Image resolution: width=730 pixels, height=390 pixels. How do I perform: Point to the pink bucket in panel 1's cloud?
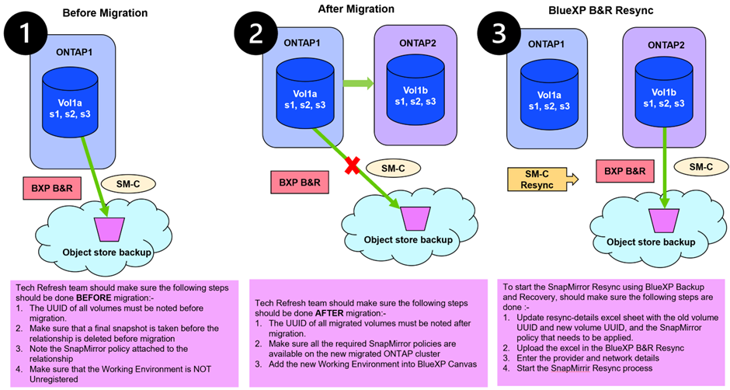pos(107,228)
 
